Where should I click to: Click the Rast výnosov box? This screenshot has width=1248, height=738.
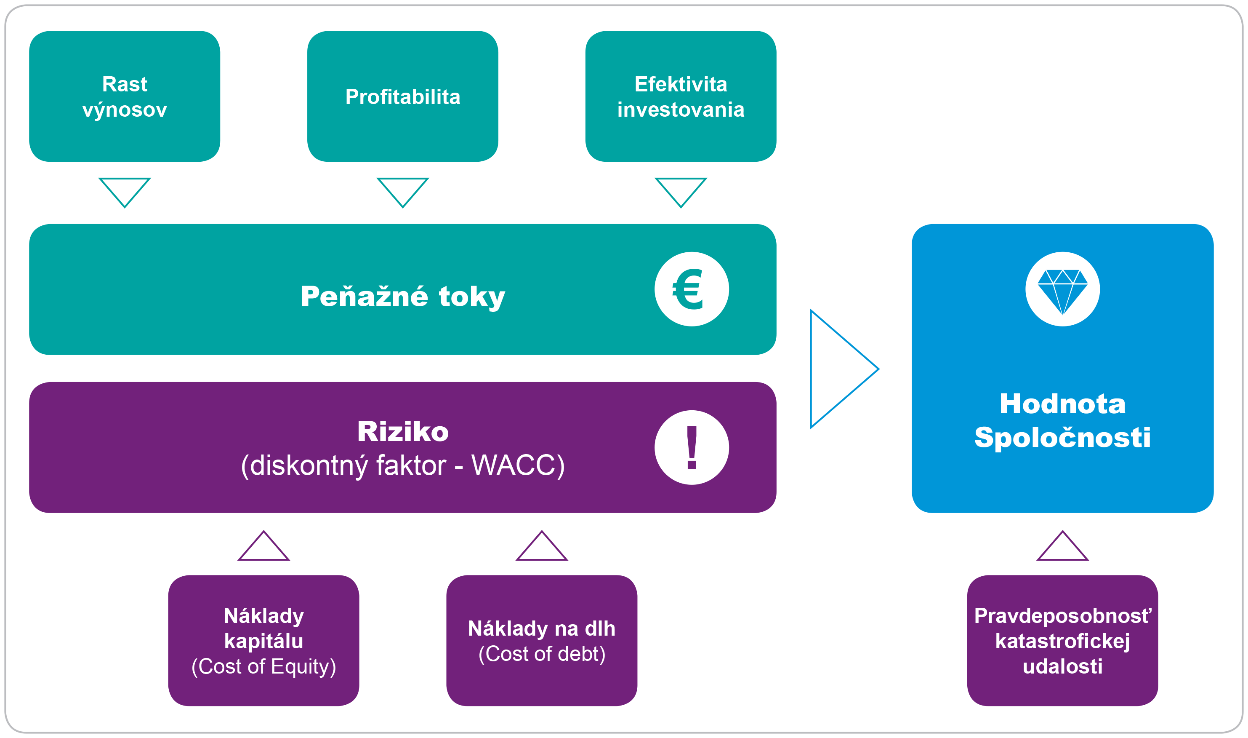(x=124, y=96)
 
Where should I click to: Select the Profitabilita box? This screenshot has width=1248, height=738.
(x=402, y=96)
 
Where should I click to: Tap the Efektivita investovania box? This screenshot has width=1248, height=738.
(x=681, y=96)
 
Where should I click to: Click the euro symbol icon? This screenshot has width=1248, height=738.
(x=691, y=289)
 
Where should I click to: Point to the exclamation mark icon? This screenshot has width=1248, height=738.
(x=691, y=447)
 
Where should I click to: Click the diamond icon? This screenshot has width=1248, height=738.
(x=1062, y=289)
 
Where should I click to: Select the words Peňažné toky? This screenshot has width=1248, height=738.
(x=402, y=297)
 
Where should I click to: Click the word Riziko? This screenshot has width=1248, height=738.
(x=402, y=431)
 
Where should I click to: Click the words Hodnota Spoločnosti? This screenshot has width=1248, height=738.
(x=1062, y=420)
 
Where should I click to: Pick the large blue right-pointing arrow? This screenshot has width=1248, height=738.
(x=840, y=369)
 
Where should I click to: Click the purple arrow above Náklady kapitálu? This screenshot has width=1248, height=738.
(x=263, y=548)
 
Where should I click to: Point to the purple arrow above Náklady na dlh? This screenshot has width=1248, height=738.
(x=542, y=548)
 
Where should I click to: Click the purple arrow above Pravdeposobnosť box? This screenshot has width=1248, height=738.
(x=1062, y=548)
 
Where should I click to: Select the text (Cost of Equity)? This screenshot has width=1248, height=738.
(x=263, y=666)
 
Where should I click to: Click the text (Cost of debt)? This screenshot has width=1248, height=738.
(x=542, y=654)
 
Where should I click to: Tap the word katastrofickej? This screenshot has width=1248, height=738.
(x=1062, y=641)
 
